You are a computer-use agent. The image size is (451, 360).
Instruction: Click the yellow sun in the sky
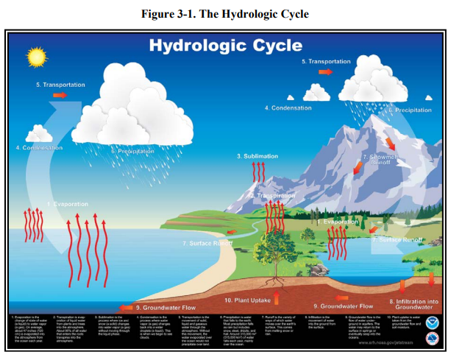[35, 56]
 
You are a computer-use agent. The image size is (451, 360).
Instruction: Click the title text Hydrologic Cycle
[225, 46]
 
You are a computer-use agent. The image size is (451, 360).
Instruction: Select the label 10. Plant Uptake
[249, 300]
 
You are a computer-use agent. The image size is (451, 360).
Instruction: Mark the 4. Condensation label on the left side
[39, 148]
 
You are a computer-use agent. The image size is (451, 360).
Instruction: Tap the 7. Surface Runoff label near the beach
[207, 242]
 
